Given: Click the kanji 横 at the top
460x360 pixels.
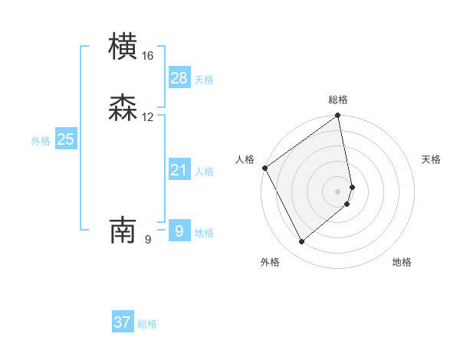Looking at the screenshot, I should pos(123,47).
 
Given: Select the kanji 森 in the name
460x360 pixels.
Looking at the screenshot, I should pos(123,108).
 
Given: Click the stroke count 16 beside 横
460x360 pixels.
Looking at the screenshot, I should pos(148,56).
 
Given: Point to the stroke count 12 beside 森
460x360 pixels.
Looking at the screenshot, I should pos(148,117).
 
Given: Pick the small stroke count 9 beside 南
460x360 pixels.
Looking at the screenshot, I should pos(148,240).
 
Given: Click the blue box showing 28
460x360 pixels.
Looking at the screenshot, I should pos(179,77).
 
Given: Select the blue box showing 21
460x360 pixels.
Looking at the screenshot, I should pos(179,170).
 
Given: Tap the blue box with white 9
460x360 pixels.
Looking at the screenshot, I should pos(179,231).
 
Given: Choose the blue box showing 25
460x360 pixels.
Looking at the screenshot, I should pos(66,139).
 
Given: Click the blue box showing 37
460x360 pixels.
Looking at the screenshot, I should pos(123,322).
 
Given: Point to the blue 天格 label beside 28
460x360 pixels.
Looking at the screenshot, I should pos(204,80).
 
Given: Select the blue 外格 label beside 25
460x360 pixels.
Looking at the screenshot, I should pos(41,141).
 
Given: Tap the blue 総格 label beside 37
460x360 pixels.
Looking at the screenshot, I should pos(147,324).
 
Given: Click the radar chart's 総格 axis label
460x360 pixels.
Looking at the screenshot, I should pos(338,100).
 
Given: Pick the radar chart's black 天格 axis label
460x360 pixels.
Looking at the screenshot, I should pos(432,159).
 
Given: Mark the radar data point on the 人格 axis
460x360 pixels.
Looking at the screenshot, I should pos(264,168).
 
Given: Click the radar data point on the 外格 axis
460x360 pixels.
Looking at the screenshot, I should pos(301,242).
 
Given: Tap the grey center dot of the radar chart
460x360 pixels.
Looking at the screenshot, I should pos(338,191).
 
